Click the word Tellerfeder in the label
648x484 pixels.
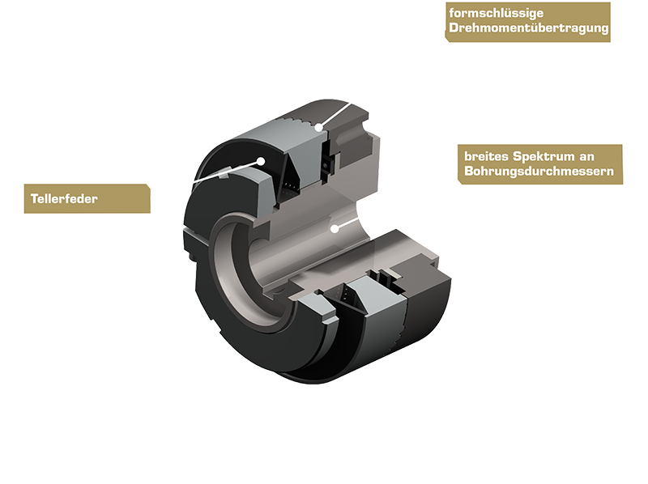(64, 198)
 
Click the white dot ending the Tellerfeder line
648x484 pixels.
(261, 160)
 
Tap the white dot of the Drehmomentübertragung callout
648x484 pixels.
(321, 127)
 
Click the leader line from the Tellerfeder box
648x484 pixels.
(207, 179)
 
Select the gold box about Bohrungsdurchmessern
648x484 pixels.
(540, 163)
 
